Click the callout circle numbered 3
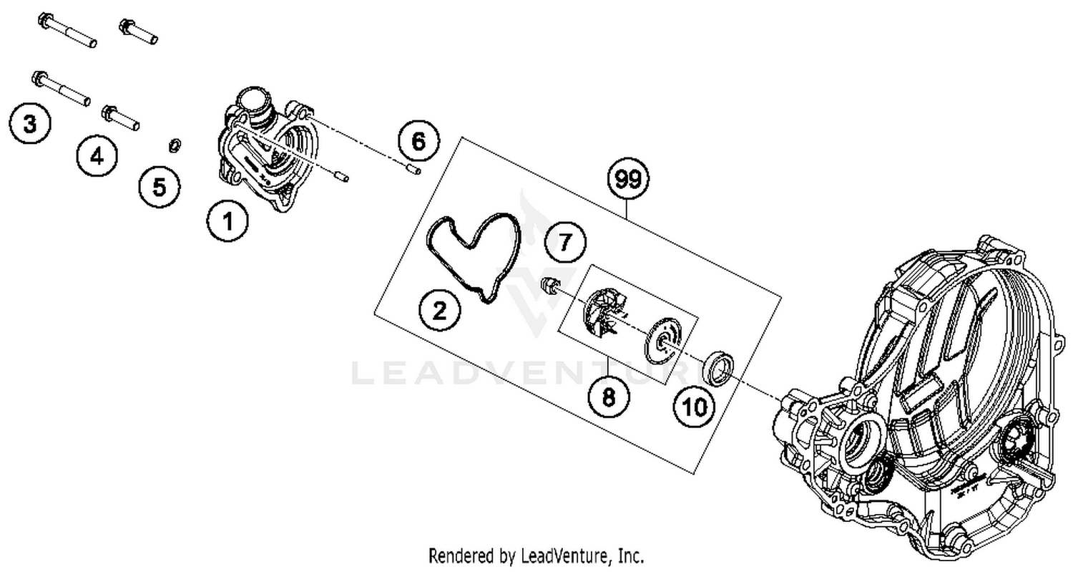click(30, 124)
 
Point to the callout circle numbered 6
click(418, 142)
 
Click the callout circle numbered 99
click(628, 179)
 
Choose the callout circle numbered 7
click(565, 242)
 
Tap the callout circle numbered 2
click(439, 310)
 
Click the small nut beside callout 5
click(174, 146)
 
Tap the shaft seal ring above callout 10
click(718, 367)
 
